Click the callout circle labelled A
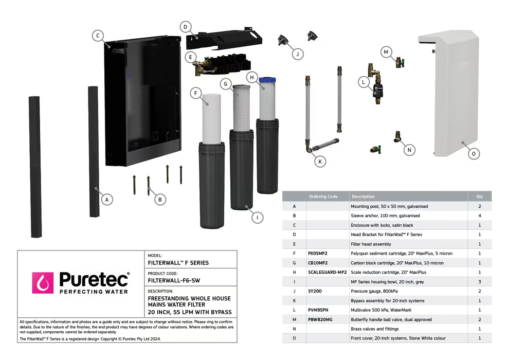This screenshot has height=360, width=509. click(x=106, y=199)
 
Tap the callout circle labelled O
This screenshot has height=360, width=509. click(x=475, y=153)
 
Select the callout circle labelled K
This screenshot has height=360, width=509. click(x=320, y=161)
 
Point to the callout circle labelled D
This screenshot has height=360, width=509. click(x=186, y=27)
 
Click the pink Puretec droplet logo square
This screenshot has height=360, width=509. click(x=43, y=283)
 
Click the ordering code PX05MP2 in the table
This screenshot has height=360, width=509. click(x=318, y=254)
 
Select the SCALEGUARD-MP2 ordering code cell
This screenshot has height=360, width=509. click(x=327, y=272)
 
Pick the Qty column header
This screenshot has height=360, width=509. click(x=479, y=196)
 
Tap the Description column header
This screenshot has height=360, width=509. click(x=363, y=196)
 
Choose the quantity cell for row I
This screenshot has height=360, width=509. click(x=479, y=282)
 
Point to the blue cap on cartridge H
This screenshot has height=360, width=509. click(x=267, y=80)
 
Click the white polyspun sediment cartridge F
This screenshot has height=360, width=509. click(x=211, y=118)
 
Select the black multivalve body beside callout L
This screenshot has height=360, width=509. click(x=378, y=91)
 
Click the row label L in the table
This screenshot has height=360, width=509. click(x=294, y=310)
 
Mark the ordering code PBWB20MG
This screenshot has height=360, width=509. click(x=320, y=319)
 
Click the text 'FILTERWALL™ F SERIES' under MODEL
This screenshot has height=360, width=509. click(x=178, y=263)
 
